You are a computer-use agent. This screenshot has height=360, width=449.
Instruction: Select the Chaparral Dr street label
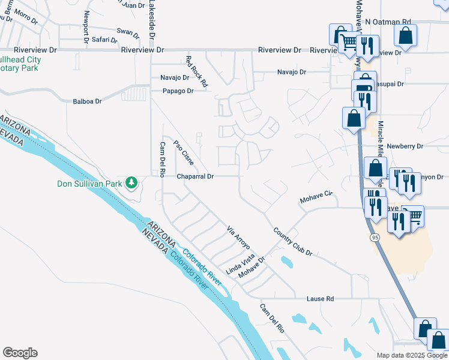[x=195, y=176]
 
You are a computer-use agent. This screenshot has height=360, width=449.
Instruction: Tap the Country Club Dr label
[x=292, y=241]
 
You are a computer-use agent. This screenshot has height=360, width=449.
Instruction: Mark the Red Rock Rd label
[x=196, y=71]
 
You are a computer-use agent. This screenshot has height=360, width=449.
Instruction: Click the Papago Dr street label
[x=178, y=91]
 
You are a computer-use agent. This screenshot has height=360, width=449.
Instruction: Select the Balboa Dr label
[x=88, y=101]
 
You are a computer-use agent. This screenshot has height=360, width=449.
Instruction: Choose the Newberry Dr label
[x=405, y=146]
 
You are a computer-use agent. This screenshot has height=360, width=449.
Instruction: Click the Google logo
[x=20, y=353]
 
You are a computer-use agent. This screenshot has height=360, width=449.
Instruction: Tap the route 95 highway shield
[x=375, y=238]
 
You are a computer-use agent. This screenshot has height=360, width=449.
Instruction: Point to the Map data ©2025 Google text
[x=411, y=355]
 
